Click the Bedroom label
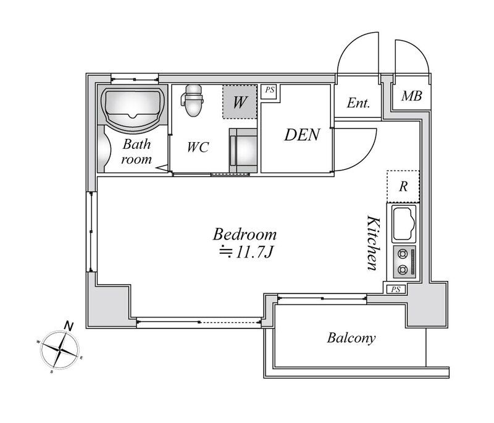click(x=245, y=235)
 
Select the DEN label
click(x=302, y=135)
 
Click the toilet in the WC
click(x=193, y=100)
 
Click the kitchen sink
click(x=403, y=224)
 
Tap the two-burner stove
click(x=404, y=262)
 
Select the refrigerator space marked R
click(x=403, y=186)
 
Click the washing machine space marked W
click(x=240, y=102)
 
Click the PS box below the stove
click(x=396, y=289)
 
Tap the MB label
click(x=411, y=96)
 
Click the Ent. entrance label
click(x=358, y=103)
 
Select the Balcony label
click(x=351, y=338)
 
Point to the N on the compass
click(x=69, y=326)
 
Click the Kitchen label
click(x=374, y=243)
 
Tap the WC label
click(x=198, y=147)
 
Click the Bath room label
click(x=136, y=151)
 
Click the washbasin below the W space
click(x=243, y=151)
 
